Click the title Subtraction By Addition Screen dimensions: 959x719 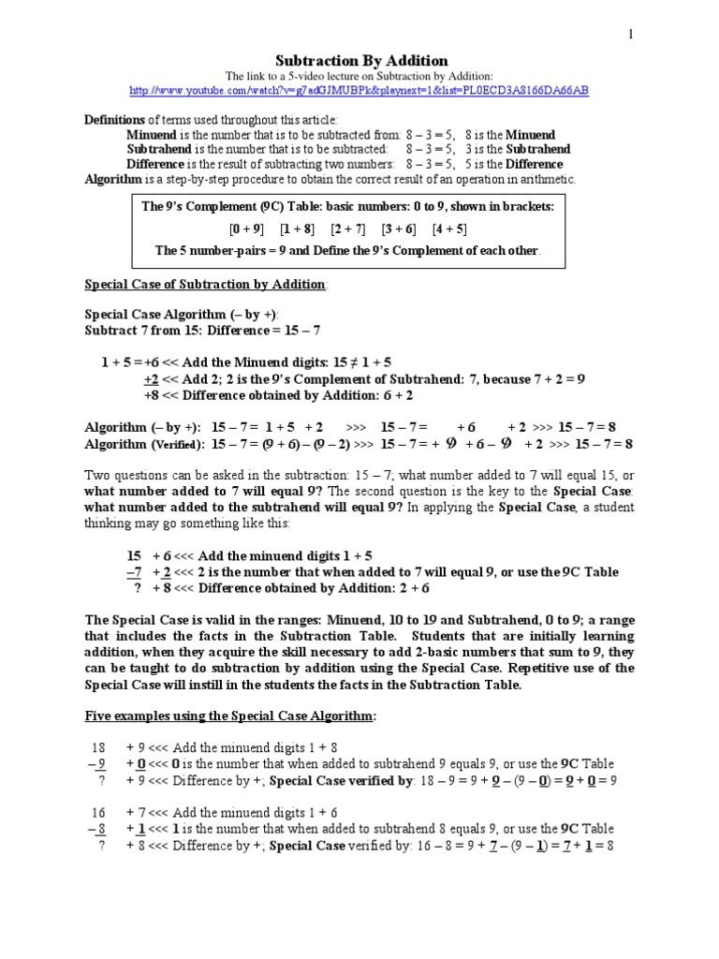pos(361,60)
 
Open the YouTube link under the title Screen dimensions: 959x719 pos(359,90)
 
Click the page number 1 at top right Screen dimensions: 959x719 pos(631,34)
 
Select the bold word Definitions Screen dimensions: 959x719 pos(116,120)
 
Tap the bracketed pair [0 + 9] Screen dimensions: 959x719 pos(246,229)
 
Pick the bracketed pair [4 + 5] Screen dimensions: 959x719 pos(449,229)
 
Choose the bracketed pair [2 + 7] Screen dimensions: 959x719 pos(347,229)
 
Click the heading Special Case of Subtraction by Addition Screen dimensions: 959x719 pos(206,284)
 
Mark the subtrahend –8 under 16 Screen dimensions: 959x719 pos(97,829)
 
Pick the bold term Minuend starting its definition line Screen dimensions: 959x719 pos(153,135)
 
